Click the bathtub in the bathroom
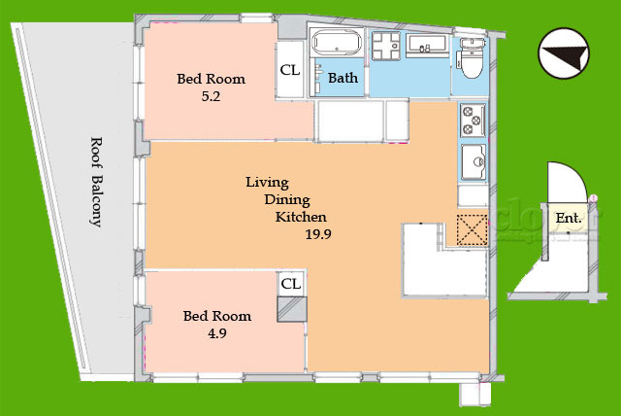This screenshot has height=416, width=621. [337, 41]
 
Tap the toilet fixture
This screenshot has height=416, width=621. [472, 58]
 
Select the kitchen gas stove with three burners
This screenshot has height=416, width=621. [473, 120]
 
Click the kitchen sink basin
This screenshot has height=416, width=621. [474, 161]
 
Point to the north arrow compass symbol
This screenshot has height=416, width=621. [564, 52]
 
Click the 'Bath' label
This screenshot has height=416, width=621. [343, 78]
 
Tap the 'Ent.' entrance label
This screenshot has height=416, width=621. [569, 218]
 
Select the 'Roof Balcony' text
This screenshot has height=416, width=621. [96, 182]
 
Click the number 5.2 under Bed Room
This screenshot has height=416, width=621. [211, 96]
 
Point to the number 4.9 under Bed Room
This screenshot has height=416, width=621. [217, 333]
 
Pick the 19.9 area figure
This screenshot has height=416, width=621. [318, 234]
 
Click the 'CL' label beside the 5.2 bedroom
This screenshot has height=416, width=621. [290, 70]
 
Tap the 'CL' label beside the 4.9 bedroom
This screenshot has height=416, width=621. [291, 284]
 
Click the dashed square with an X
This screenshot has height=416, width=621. [473, 230]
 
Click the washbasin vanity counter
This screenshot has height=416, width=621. [427, 46]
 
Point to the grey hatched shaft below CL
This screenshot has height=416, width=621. [292, 309]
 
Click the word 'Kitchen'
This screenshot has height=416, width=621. [301, 217]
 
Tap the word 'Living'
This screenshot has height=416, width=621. [268, 183]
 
